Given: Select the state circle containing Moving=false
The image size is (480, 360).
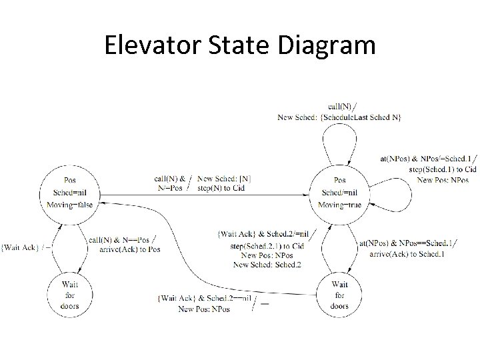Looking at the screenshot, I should (69, 193).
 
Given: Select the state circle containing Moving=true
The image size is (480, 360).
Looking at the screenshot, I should (339, 193).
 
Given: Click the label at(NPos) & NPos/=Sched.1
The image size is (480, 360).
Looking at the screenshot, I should (425, 159).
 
